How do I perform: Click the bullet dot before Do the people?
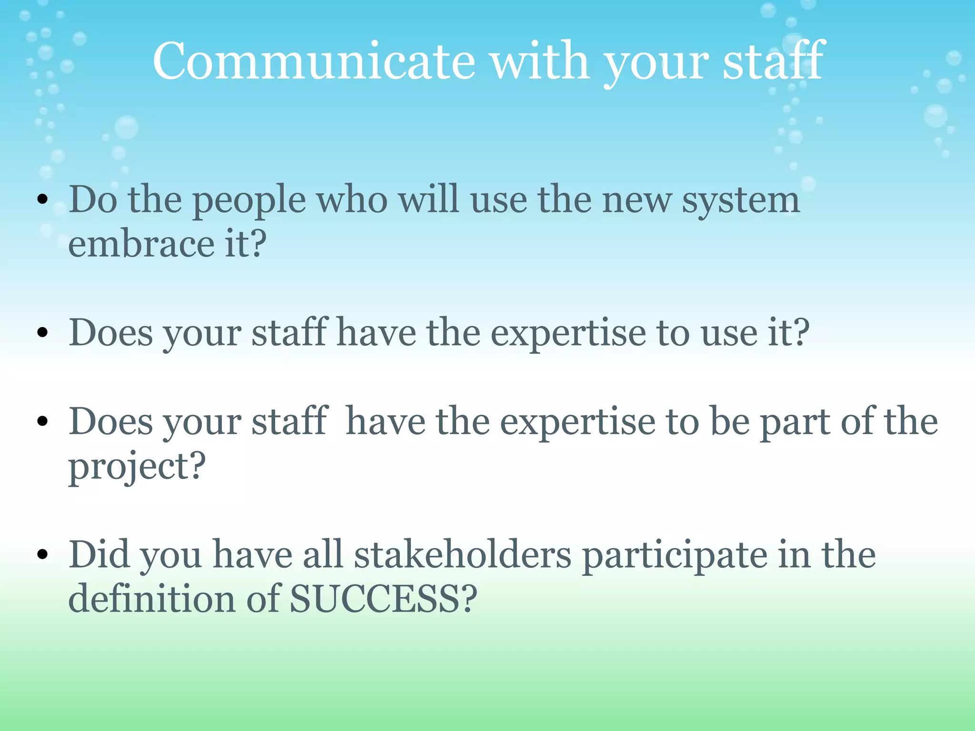click(x=43, y=200)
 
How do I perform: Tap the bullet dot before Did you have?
click(x=43, y=555)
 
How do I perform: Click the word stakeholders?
click(x=462, y=555)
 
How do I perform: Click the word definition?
click(x=151, y=599)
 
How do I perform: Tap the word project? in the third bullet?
click(x=137, y=466)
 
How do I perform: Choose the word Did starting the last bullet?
click(x=99, y=555)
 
